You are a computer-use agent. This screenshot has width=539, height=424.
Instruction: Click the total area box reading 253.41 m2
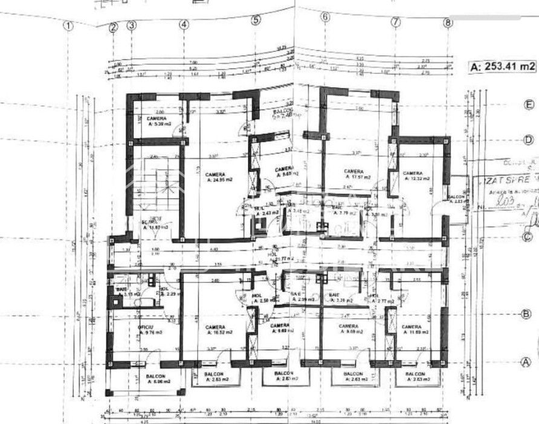point(503,67)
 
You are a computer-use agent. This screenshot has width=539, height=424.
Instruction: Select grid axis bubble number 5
point(256,19)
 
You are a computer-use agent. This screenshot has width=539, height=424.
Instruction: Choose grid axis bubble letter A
point(527,362)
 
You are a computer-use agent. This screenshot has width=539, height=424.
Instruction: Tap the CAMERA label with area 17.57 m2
point(357,174)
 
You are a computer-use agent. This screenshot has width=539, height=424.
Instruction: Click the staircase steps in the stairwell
point(162,184)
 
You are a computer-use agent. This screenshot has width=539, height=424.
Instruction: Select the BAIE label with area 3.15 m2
point(121,292)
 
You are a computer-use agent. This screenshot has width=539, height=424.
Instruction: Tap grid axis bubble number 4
point(184,25)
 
